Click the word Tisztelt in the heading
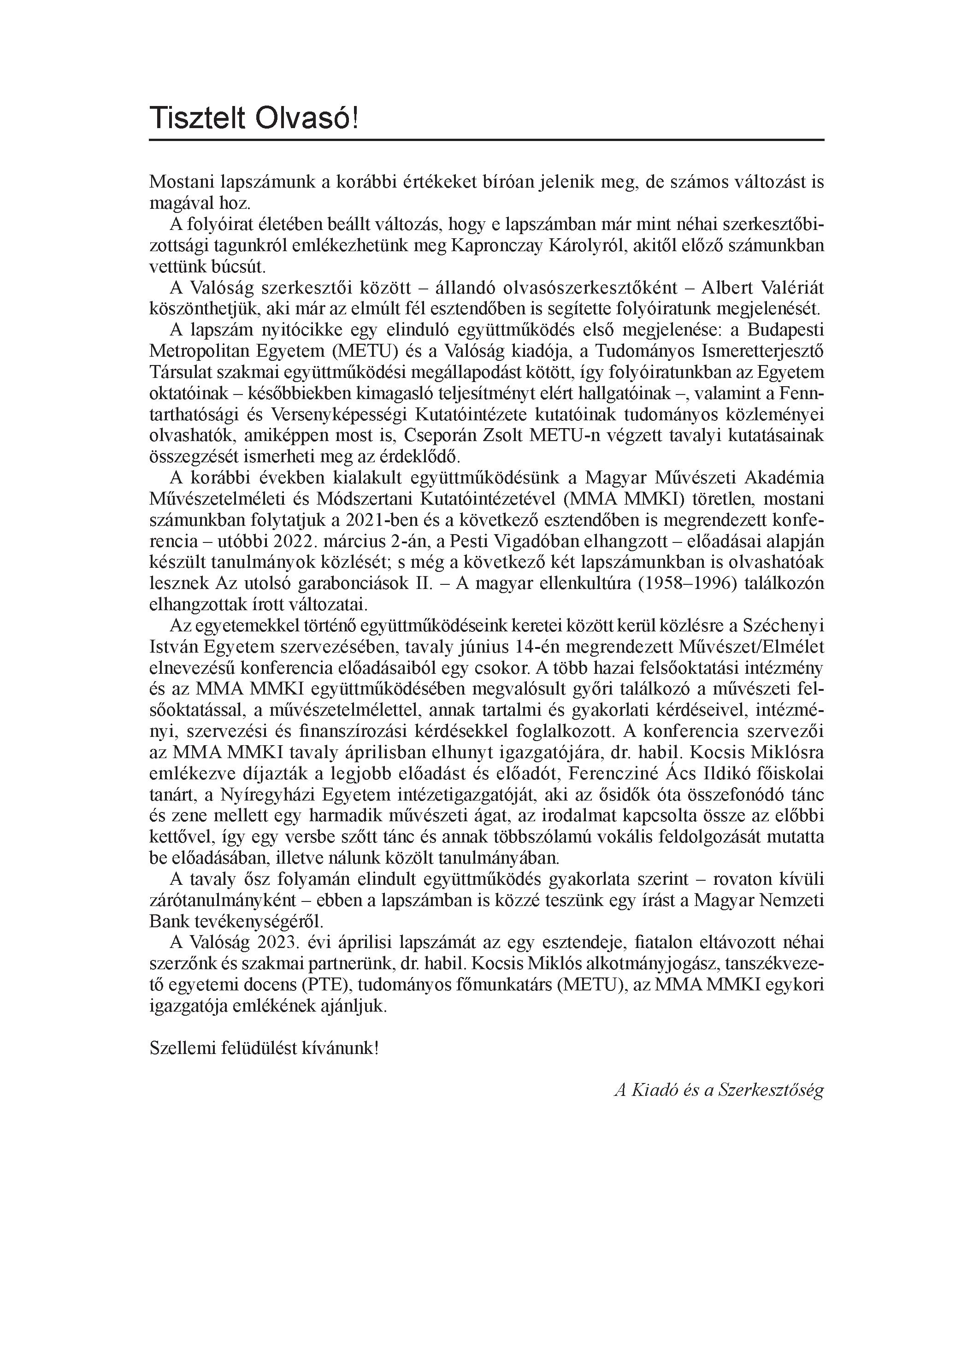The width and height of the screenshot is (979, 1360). point(197,118)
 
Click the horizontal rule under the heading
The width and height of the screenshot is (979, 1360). point(486,140)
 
